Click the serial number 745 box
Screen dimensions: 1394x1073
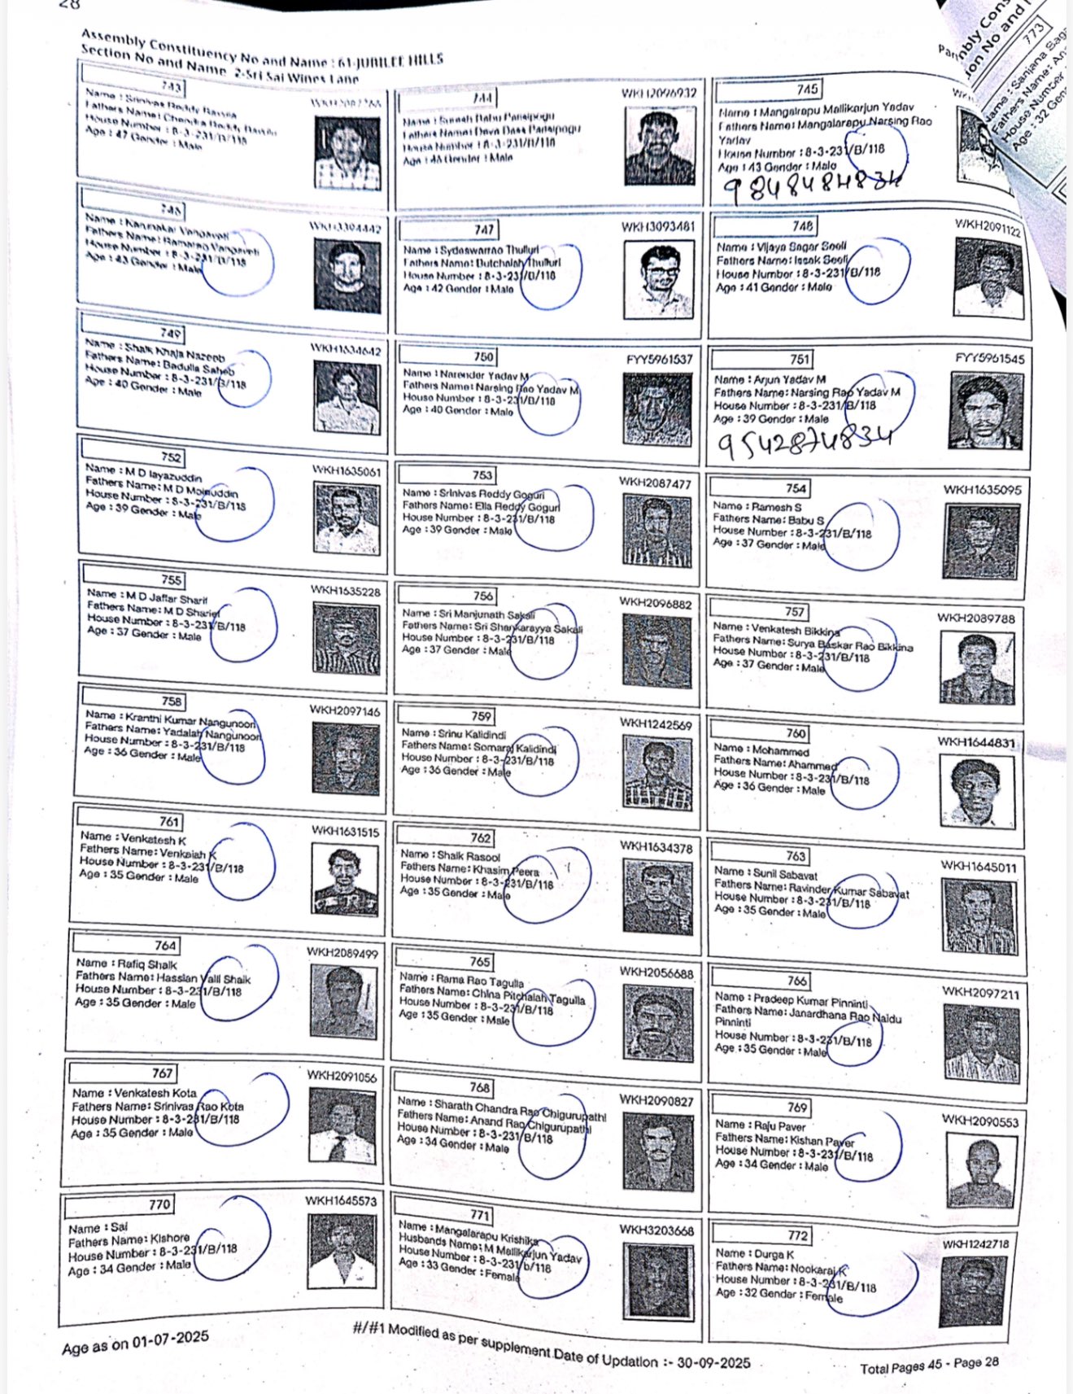(807, 90)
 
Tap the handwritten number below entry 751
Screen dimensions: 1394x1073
(804, 442)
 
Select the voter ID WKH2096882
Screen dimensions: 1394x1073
(655, 603)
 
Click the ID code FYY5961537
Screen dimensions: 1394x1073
(659, 359)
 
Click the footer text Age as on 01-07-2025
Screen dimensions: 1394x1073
(135, 1342)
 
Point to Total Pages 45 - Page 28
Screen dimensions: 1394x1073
(929, 1366)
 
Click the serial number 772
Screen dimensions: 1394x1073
(797, 1235)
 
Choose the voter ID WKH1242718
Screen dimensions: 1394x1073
(975, 1244)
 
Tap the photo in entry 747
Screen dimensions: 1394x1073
(661, 278)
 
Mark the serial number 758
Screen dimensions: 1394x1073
(172, 701)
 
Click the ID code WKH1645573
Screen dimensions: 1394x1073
(341, 1200)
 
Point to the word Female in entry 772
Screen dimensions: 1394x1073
(823, 1296)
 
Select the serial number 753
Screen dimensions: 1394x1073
(482, 475)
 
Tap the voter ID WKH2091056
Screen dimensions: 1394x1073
(342, 1076)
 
